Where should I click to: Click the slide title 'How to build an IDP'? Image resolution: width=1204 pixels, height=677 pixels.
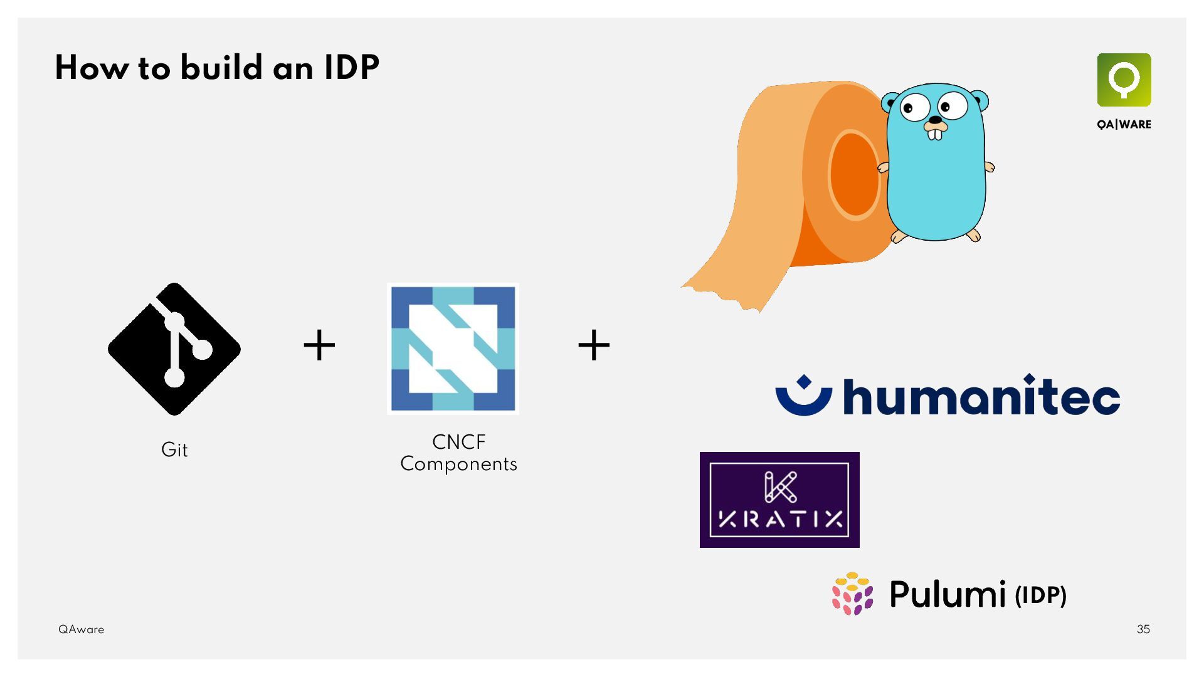coord(217,68)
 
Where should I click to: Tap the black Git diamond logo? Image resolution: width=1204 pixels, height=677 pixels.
coord(174,349)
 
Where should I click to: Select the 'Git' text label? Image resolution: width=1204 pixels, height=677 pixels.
coord(174,449)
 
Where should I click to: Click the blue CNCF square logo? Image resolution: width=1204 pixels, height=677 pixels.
coord(453,349)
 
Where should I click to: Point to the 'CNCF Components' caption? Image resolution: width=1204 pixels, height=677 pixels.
coord(458,453)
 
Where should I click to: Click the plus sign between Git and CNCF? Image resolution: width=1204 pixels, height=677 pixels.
coord(319,345)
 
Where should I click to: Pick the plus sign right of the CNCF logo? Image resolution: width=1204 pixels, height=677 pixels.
coord(594,345)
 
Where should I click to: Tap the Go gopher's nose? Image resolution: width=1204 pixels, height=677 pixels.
coord(935,120)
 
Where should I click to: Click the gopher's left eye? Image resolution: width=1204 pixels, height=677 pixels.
coord(915,108)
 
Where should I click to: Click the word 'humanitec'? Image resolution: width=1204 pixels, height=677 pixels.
coord(981,396)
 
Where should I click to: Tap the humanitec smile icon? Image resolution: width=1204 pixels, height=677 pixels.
coord(803,396)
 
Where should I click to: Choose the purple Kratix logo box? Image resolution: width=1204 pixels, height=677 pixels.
coord(779,500)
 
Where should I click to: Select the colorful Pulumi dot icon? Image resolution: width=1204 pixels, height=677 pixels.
coord(852,594)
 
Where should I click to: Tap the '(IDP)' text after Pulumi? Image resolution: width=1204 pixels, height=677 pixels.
coord(1040,595)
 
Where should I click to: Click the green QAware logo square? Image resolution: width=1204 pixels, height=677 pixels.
coord(1124,80)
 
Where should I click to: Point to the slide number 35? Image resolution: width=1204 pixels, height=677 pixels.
coord(1143,629)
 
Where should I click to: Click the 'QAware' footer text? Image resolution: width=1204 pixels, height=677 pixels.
coord(82,629)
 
